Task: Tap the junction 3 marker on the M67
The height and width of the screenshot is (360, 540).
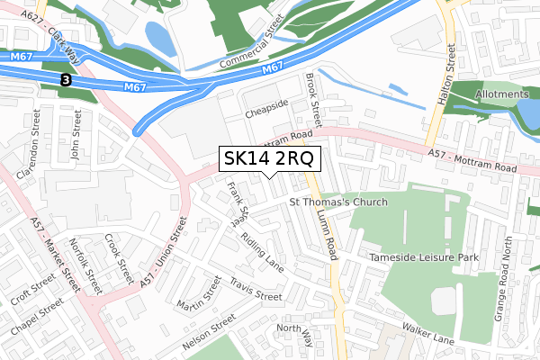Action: point(66,80)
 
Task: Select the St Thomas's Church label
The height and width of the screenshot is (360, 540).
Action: point(337,202)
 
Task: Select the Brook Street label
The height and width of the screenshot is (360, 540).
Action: point(313,100)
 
